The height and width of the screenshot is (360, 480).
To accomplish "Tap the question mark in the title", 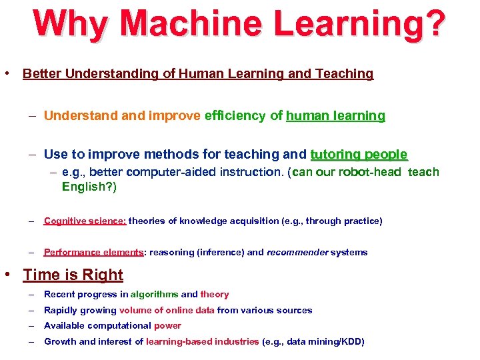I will tap(431, 24).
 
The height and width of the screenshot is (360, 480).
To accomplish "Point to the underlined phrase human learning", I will tap(335, 115).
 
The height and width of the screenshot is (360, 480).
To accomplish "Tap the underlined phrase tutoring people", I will tap(359, 154).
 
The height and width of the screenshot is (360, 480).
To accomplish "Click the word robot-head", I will tap(370, 172).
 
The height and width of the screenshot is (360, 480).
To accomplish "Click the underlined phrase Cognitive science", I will tap(85, 221).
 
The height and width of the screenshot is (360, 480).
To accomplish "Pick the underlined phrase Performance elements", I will tap(93, 252).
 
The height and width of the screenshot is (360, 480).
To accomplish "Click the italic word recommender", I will tap(297, 252).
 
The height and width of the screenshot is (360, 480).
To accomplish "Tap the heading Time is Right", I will tap(73, 275).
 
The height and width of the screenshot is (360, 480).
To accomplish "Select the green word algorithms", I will tap(154, 294).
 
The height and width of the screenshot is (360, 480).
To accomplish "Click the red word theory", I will tap(215, 294).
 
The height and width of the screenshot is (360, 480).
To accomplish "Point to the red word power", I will tap(167, 325).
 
